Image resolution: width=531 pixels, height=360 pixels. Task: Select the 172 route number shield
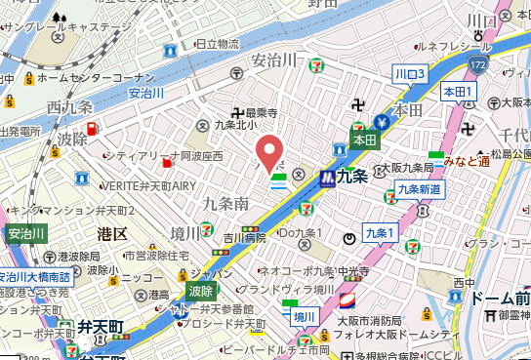475,65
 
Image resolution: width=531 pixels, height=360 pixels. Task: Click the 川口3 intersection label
410,74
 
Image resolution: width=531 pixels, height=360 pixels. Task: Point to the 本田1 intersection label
459,92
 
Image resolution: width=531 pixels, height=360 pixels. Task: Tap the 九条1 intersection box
378,232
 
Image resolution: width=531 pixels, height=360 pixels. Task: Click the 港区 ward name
113,234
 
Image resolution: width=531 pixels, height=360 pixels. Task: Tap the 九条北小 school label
234,125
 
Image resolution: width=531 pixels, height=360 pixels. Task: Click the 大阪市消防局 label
371,319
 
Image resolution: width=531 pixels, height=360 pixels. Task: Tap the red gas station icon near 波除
92,129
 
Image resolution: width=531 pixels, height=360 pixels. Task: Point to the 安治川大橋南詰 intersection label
33,276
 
